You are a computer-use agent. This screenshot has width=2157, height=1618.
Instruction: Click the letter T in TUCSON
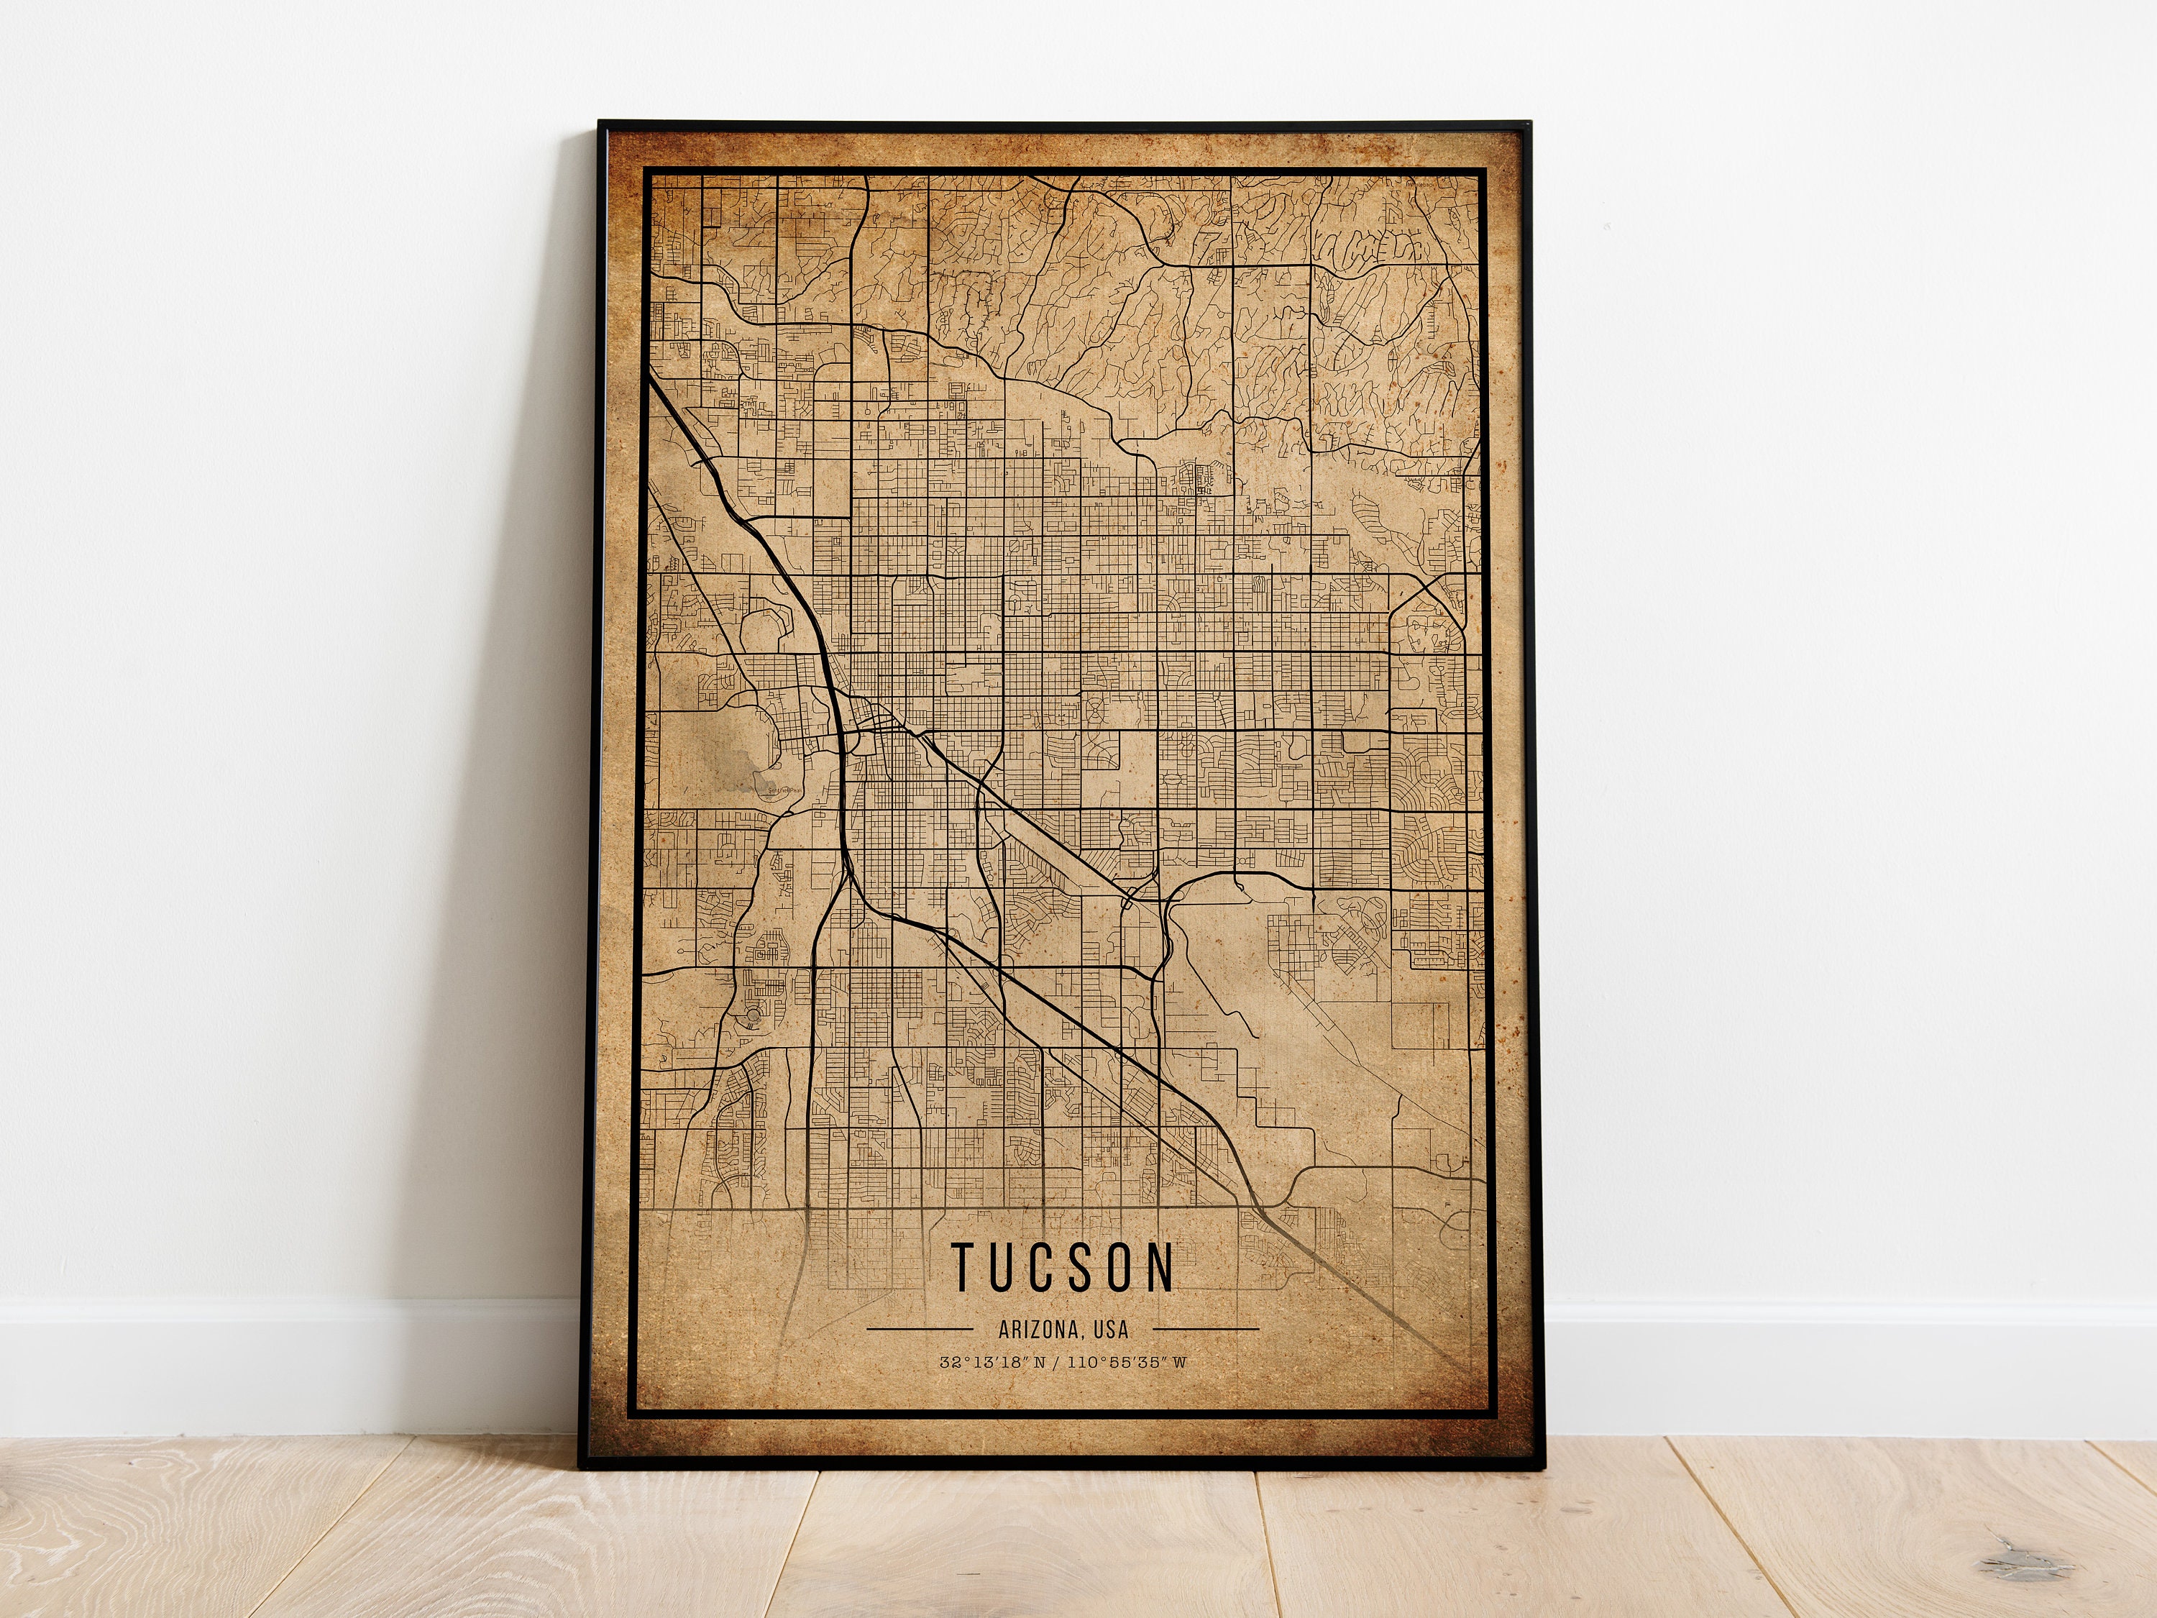coord(963,1266)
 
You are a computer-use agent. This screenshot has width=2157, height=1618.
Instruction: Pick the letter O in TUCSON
coord(1123,1266)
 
